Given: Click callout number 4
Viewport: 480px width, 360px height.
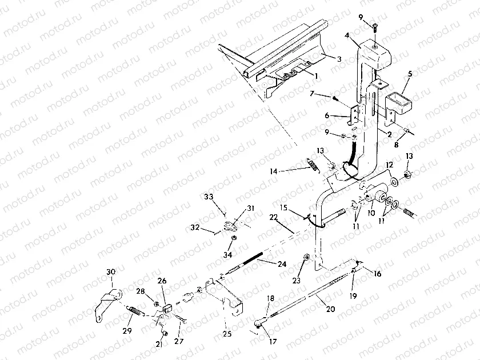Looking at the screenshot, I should point(347,35).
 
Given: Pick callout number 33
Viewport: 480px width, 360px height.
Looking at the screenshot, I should point(209,198).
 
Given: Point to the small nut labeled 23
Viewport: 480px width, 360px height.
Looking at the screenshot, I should point(306,258).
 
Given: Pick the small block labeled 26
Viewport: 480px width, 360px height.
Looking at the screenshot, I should point(167,309).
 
